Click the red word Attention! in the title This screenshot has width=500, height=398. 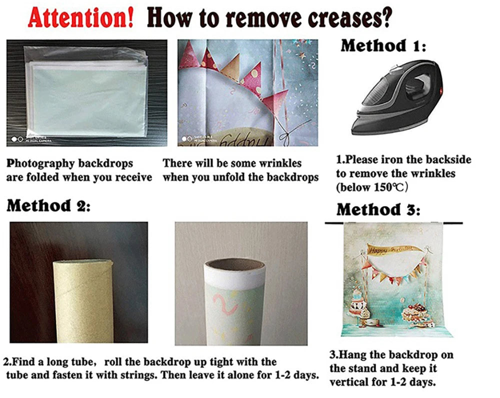point(80,18)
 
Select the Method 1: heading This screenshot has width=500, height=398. point(383,45)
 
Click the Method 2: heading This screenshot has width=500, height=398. point(48,205)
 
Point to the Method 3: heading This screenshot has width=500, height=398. point(378,210)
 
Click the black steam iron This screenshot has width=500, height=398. point(397,97)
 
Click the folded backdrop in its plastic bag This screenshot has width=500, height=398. point(86,92)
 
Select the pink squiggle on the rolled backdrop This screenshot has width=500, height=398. point(225,304)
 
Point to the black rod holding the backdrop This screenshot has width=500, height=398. point(394,223)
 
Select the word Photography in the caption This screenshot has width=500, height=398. point(40,163)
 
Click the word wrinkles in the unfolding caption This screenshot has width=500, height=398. point(280,163)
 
